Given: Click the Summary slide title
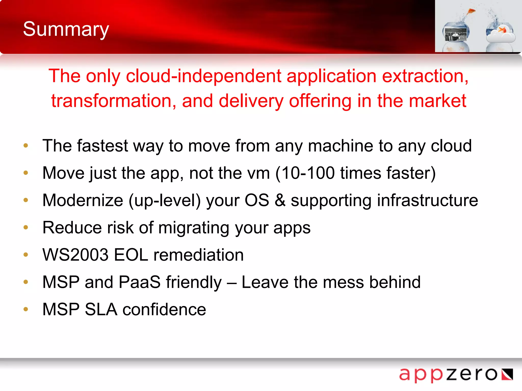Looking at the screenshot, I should click(x=66, y=29).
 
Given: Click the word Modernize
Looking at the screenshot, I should click(x=83, y=200).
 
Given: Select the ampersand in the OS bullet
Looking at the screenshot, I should click(x=280, y=200).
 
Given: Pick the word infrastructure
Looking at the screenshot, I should click(x=427, y=200).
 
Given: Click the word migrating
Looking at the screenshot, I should click(x=194, y=228).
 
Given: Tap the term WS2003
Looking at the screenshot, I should click(x=75, y=255).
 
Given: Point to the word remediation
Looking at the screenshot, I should click(x=199, y=255).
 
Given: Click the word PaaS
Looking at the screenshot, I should click(x=139, y=282).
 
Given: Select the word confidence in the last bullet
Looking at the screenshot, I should click(x=164, y=310).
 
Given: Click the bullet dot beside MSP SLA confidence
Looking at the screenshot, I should click(x=26, y=309).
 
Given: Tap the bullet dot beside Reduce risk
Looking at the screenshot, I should click(x=26, y=227).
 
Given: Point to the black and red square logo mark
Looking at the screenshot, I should click(x=507, y=374).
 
